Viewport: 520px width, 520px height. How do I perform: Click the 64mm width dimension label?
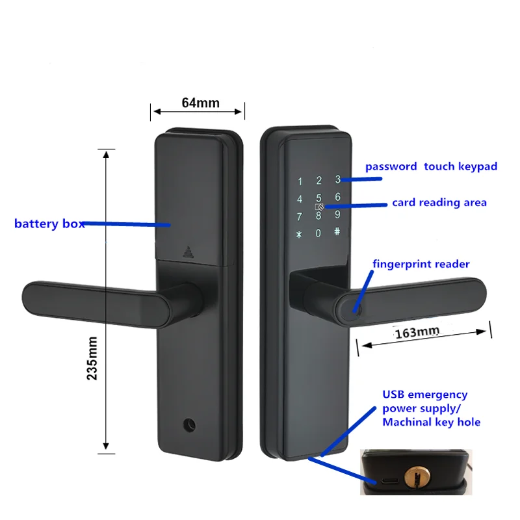pos(200,103)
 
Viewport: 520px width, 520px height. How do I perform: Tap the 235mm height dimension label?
pos(92,357)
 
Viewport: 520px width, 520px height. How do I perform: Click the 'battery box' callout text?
pos(49,224)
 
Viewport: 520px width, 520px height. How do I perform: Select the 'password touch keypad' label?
pos(431,166)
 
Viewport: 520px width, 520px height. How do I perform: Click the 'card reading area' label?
pos(439,203)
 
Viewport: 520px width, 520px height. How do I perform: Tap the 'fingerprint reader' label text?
pos(421,264)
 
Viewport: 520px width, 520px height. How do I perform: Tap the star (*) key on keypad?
pos(300,234)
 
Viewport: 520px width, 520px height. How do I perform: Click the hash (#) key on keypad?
pos(337,231)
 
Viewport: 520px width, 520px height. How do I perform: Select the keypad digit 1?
pos(300,182)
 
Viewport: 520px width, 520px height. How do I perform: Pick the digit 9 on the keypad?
pos(337,214)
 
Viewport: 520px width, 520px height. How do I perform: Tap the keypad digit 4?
pos(300,200)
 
